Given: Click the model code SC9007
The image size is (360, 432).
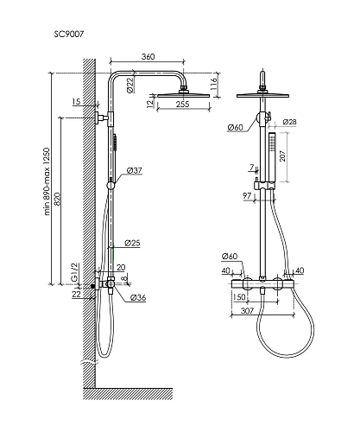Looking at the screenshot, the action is [69, 34].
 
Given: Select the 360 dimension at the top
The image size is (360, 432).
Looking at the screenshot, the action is [148, 56].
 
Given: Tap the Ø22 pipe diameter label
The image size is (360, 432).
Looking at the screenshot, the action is [130, 86].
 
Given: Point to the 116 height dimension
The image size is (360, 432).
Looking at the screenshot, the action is [213, 84].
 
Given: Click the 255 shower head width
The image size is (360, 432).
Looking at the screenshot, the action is [183, 104].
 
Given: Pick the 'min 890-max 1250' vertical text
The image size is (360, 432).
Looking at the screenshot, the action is [47, 181].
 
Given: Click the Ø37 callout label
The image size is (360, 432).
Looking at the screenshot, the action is [135, 170].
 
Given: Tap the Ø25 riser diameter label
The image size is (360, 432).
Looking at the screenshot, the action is [132, 243].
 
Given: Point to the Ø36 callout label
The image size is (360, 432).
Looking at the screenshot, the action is [138, 297].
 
